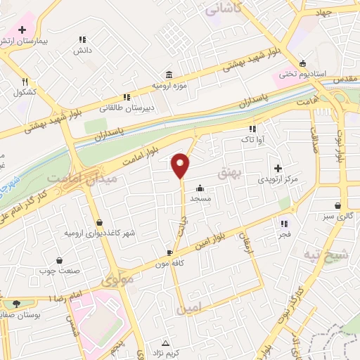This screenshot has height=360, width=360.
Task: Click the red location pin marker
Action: click(181, 165)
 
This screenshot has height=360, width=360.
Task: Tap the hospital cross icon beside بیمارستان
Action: click(22, 30)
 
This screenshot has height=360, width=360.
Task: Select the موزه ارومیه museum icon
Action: click(169, 75)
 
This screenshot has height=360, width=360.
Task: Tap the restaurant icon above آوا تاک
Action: click(252, 129)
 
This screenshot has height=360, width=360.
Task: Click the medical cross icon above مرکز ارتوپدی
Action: click(278, 169)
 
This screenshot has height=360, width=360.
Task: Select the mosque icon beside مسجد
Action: click(200, 188)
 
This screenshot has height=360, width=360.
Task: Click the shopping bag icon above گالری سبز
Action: click(339, 205)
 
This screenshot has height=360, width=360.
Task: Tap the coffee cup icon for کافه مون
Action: click(169, 252)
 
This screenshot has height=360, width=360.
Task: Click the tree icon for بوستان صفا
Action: click(17, 303)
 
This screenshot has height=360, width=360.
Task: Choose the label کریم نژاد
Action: click(165, 350)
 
